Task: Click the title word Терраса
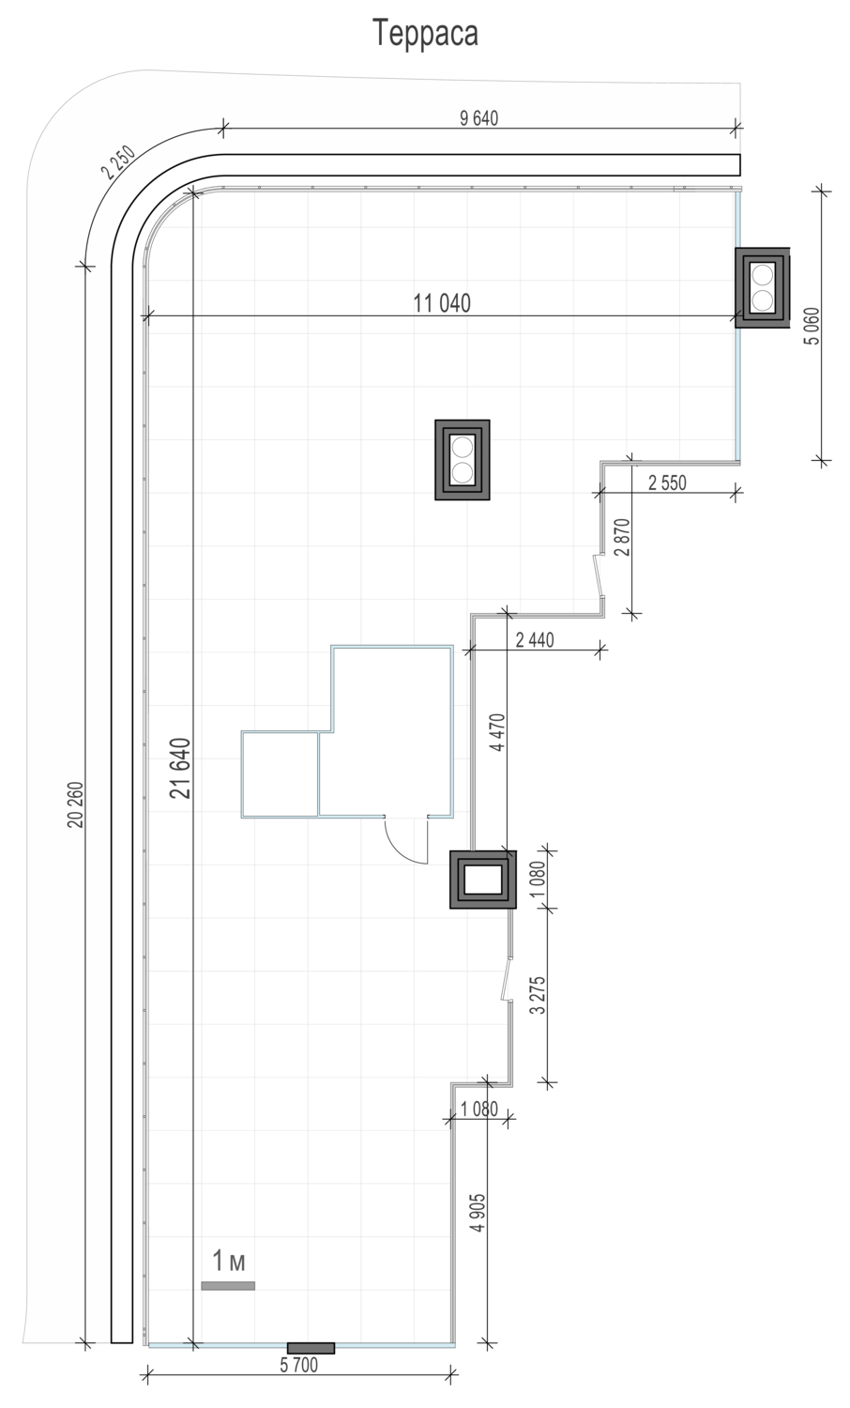pos(425,34)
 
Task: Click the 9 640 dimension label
pos(478,118)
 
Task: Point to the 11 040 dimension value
pos(442,303)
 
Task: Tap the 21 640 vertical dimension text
pos(182,768)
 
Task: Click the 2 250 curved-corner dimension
pos(118,162)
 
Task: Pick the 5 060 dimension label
pos(812,326)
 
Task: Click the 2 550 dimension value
pos(667,482)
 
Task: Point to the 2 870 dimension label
pos(622,538)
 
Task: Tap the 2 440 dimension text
pos(535,640)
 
